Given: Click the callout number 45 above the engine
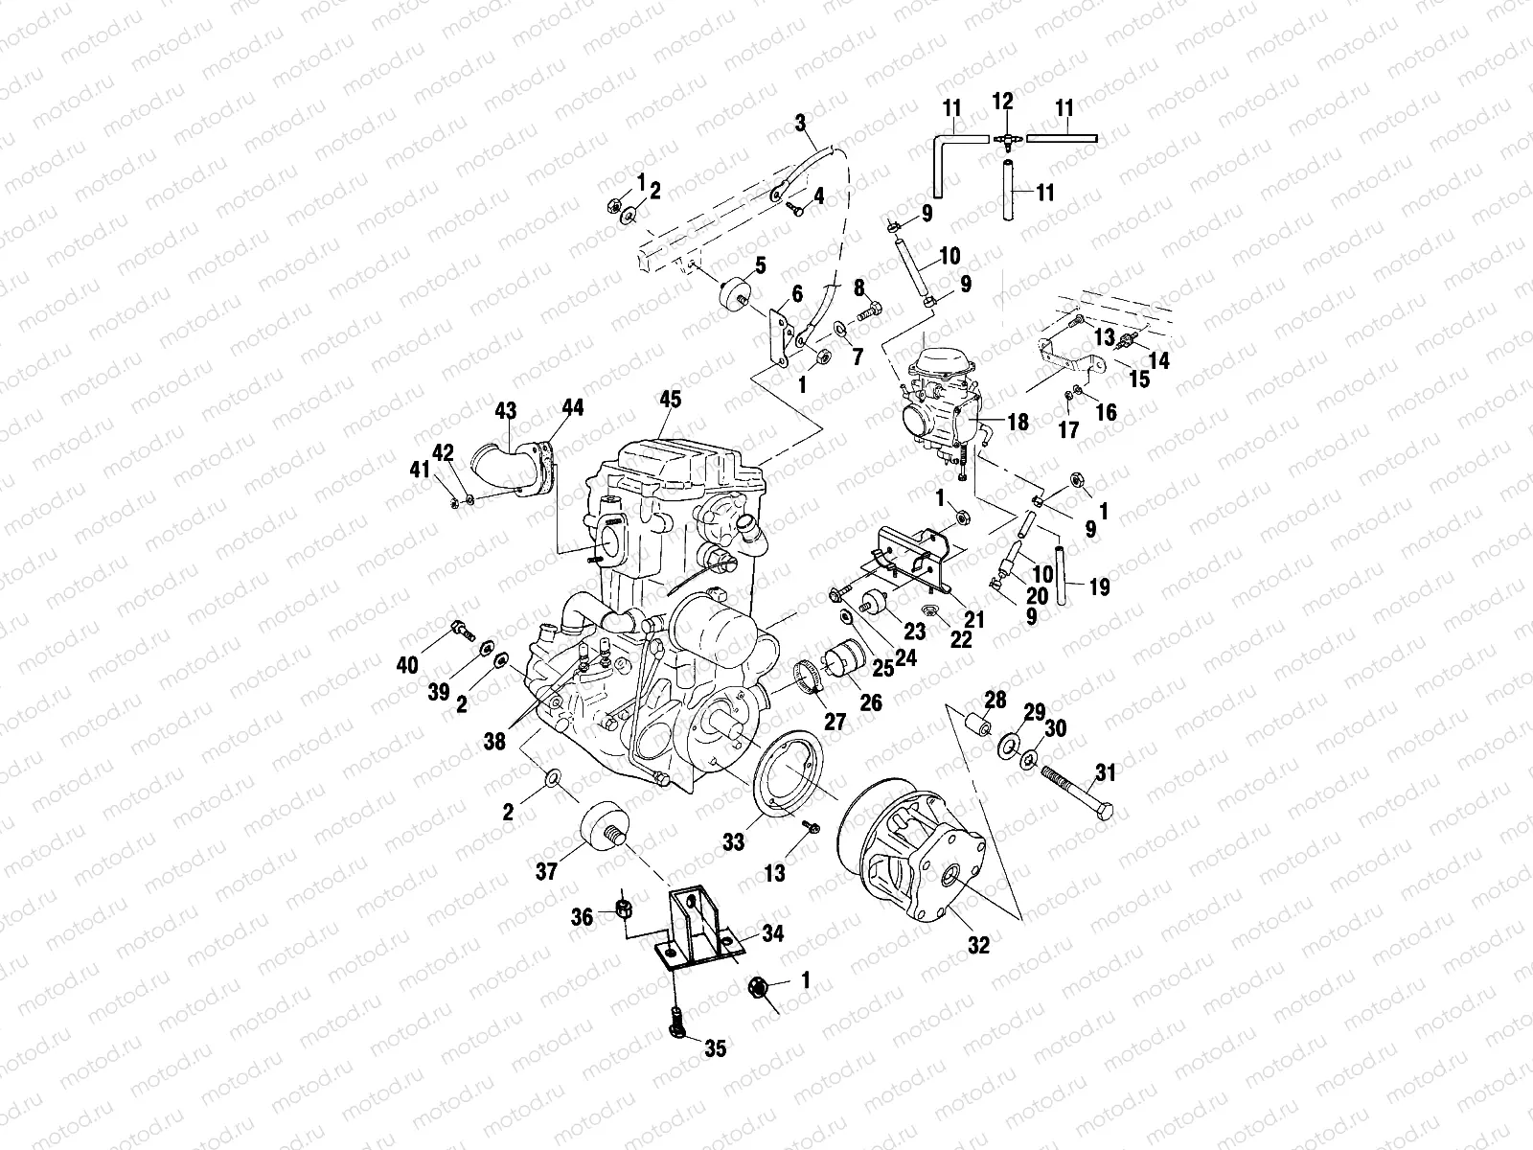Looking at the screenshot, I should coord(670,399).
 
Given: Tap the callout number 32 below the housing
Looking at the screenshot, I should coord(977,944).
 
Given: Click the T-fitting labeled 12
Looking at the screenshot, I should coord(1003,138).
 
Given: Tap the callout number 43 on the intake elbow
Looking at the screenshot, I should coord(505,411).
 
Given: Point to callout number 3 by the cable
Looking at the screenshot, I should coord(801,123).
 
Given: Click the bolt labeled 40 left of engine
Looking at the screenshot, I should coord(460,630).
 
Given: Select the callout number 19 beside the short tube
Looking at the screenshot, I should coord(1099,586).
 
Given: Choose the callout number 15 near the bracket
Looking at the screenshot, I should coord(1138,379).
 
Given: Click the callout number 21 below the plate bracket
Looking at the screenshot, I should coord(974,620).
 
